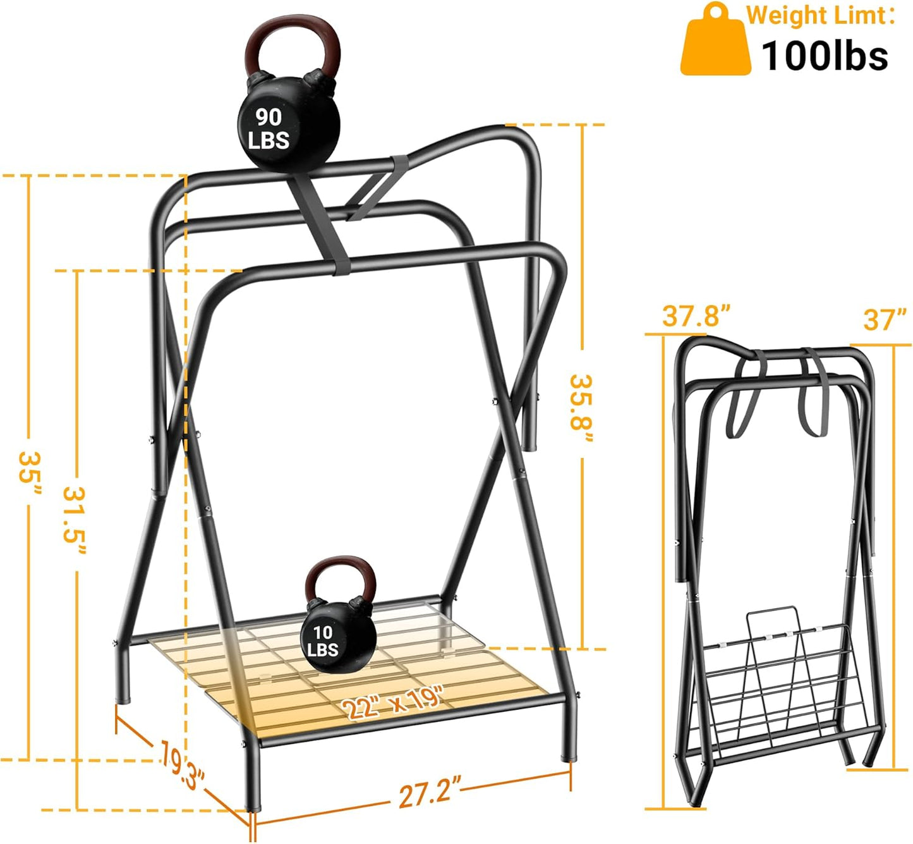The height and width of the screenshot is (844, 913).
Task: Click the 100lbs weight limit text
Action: (x=825, y=56)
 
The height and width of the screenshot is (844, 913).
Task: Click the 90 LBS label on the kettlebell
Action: (x=269, y=128)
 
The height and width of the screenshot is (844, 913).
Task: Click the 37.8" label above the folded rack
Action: (x=696, y=315)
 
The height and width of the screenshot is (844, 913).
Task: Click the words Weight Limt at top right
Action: (x=821, y=15)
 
